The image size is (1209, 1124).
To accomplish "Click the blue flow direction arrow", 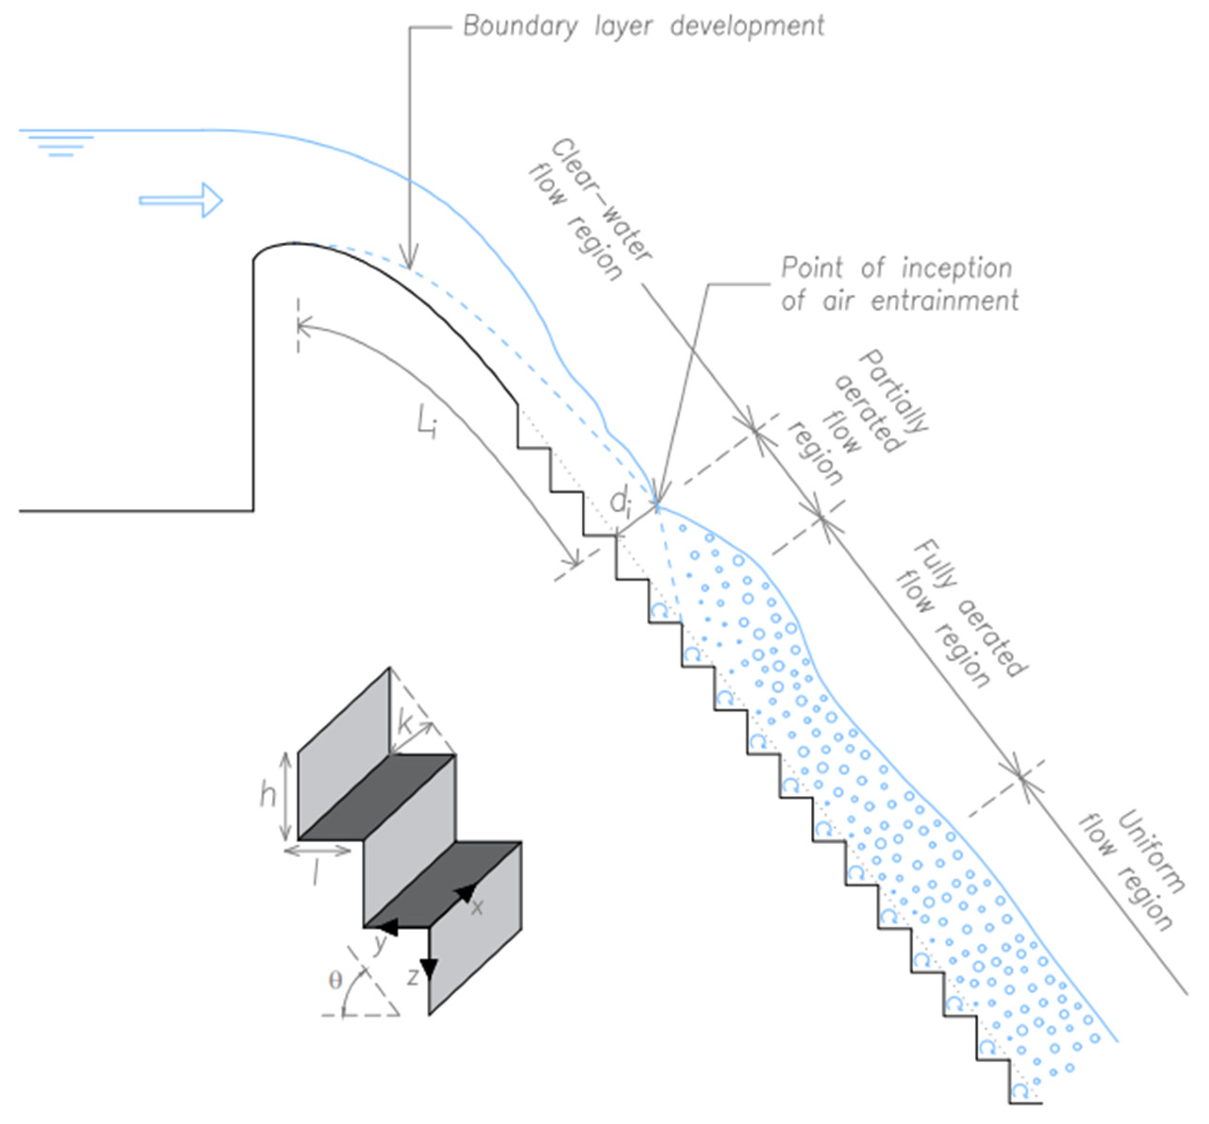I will click(x=181, y=200).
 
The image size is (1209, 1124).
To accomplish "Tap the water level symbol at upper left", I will click(x=60, y=145).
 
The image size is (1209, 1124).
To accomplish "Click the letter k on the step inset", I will click(x=405, y=724).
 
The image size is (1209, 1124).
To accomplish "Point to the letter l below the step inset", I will click(x=315, y=874).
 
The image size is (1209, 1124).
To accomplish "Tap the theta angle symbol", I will click(x=335, y=979).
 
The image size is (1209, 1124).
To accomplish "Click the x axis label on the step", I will click(x=477, y=908).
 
